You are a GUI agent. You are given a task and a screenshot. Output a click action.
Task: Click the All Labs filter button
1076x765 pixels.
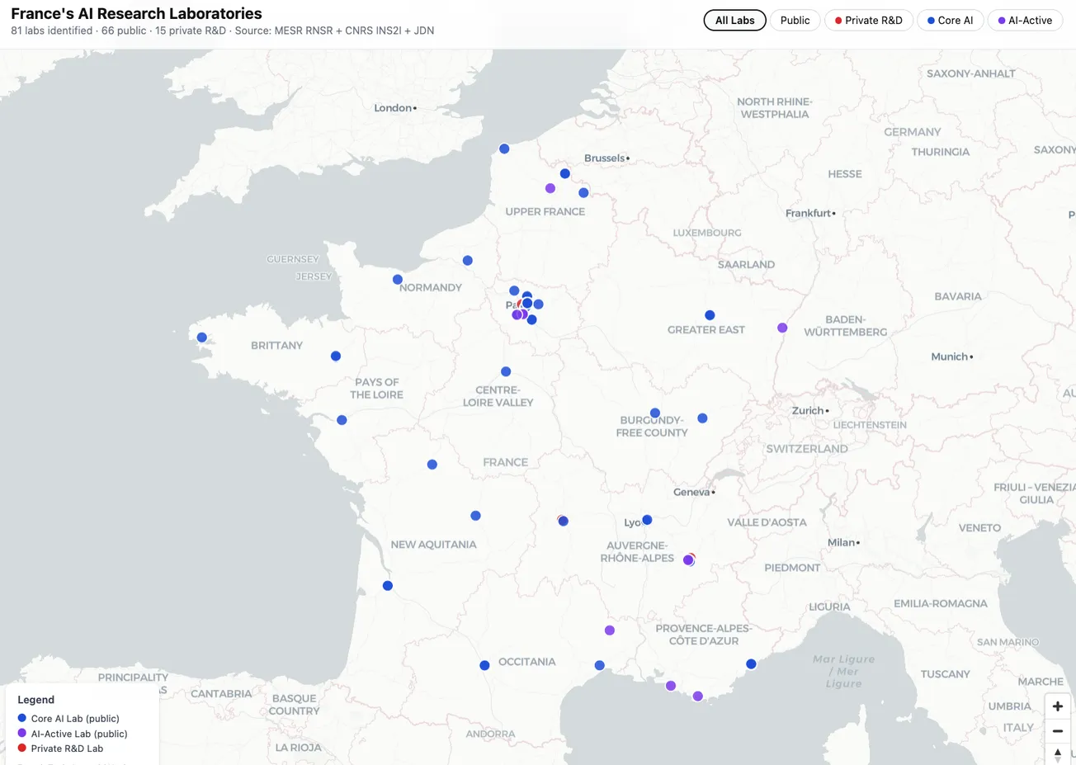(x=734, y=21)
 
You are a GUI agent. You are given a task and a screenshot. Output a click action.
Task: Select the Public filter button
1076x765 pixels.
(x=795, y=21)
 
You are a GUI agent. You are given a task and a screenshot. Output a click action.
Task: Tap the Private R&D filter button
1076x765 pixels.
(x=868, y=21)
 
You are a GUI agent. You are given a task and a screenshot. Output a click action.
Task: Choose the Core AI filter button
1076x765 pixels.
(x=950, y=21)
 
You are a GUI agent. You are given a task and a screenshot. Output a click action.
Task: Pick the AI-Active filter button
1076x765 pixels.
(x=1025, y=21)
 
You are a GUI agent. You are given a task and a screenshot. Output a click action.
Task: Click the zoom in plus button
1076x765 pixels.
(x=1057, y=706)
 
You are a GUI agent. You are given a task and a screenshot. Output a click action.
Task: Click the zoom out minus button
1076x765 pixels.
(x=1057, y=731)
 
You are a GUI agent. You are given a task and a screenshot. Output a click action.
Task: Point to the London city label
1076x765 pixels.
(x=394, y=108)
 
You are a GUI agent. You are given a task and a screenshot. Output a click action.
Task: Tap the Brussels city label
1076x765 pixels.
(x=606, y=158)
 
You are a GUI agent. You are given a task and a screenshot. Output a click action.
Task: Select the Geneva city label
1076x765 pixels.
(x=692, y=493)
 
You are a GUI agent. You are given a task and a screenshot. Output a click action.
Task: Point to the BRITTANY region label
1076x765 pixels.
(x=276, y=346)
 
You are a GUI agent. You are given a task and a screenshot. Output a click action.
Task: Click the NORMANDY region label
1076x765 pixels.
(x=431, y=288)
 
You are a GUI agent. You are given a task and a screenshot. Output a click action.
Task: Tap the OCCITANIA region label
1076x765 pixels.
(x=526, y=662)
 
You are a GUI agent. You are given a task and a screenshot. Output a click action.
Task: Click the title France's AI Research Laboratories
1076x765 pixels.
(x=136, y=13)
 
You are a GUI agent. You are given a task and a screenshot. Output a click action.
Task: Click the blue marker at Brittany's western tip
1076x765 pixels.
(x=202, y=338)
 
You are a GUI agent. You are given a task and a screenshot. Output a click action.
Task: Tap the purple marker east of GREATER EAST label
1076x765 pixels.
(x=782, y=328)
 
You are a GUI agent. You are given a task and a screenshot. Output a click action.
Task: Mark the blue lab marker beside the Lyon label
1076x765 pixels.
(x=647, y=520)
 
